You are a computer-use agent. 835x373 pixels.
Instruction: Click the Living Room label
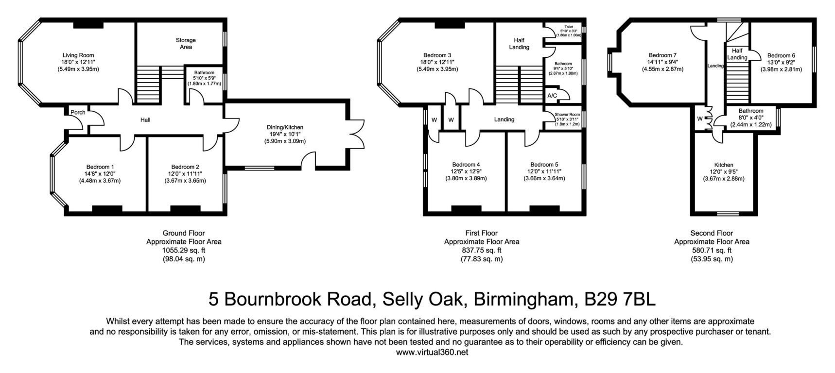click(x=78, y=55)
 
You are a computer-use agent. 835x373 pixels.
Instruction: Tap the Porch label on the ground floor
click(x=78, y=112)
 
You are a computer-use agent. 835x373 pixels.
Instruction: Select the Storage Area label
click(x=186, y=44)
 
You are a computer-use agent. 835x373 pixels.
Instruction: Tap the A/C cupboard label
click(x=552, y=96)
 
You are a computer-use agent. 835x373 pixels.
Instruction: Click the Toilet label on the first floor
click(x=569, y=27)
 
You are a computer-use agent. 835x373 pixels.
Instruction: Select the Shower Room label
click(x=568, y=115)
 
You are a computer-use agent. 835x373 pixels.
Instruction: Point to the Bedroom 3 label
click(x=437, y=55)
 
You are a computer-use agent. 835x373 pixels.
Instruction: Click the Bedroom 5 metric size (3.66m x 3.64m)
click(x=544, y=178)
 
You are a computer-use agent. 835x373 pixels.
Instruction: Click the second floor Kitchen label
click(x=724, y=165)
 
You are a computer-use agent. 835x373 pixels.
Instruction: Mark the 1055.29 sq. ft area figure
click(x=184, y=251)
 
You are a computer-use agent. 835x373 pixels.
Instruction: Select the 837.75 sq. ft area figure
click(x=482, y=251)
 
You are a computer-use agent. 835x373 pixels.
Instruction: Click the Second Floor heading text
click(x=712, y=233)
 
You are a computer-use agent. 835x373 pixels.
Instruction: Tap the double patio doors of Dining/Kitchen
click(x=357, y=134)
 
